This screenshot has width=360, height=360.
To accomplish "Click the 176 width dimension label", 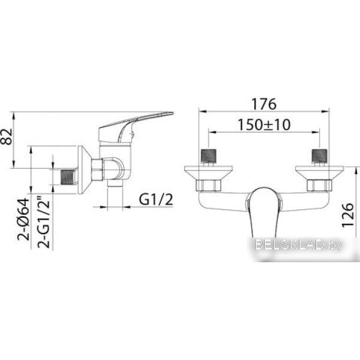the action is [264, 104].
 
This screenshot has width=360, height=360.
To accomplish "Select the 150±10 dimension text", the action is [264, 125].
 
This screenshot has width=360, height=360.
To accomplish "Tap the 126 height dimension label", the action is [347, 215].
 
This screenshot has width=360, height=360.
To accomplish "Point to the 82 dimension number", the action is [6, 137].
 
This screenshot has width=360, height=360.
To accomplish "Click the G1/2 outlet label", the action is [156, 199].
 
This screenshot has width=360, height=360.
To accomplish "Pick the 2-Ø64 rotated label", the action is [23, 219].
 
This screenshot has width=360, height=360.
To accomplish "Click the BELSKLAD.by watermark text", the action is [298, 245].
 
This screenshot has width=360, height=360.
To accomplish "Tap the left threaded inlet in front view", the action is [209, 157].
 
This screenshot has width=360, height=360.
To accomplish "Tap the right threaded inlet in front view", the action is [319, 157].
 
